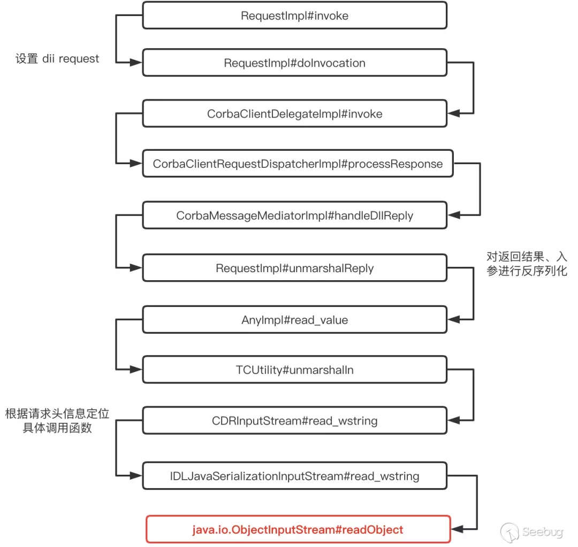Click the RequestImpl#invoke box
pyautogui.click(x=294, y=16)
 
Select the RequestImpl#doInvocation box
pyautogui.click(x=294, y=63)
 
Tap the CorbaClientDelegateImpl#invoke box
pyautogui.click(x=294, y=113)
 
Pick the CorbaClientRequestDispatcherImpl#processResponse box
pyautogui.click(x=298, y=164)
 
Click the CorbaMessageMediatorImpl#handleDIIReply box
pyautogui.click(x=294, y=215)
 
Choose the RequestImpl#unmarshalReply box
pyautogui.click(x=294, y=268)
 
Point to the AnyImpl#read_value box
pyautogui.click(x=294, y=320)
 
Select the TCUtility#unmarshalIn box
pyautogui.click(x=294, y=370)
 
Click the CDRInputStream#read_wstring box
pyautogui.click(x=294, y=421)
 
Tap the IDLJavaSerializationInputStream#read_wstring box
pyautogui.click(x=294, y=475)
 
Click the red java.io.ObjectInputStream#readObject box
pyautogui.click(x=298, y=529)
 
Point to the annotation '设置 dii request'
pyautogui.click(x=57, y=59)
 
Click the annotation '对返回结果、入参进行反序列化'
pyautogui.click(x=526, y=264)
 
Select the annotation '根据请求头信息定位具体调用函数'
pyautogui.click(x=57, y=420)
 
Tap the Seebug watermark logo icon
pyautogui.click(x=510, y=532)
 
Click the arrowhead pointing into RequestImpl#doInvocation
pyautogui.click(x=136, y=63)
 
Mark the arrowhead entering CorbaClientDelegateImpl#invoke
pyautogui.click(x=453, y=113)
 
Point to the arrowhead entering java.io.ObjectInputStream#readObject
pyautogui.click(x=457, y=529)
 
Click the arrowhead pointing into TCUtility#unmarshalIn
pyautogui.click(x=136, y=370)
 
